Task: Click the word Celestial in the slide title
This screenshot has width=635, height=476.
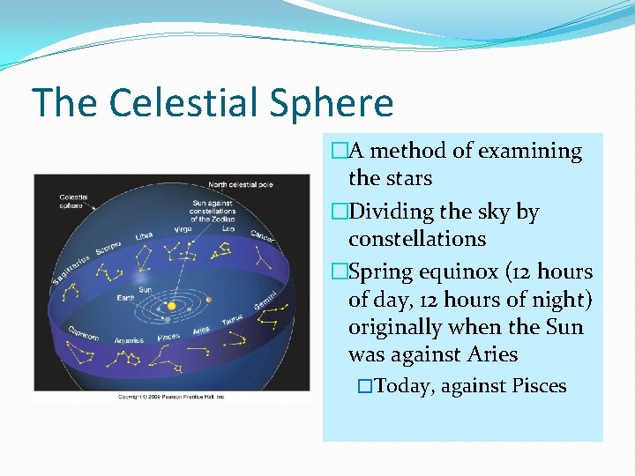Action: (x=181, y=103)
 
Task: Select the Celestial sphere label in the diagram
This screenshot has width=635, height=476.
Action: (x=72, y=201)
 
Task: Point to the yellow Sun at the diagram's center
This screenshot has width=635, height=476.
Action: (x=171, y=306)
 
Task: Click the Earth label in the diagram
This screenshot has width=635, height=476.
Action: (x=127, y=298)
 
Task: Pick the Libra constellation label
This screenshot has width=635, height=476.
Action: (x=144, y=236)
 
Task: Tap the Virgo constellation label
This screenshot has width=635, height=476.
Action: (x=183, y=228)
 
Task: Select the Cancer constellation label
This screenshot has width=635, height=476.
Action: (x=262, y=235)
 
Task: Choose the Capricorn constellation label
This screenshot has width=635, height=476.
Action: (x=85, y=334)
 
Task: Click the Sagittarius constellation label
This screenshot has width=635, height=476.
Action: (x=71, y=267)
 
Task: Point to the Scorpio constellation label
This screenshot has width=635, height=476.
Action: (x=108, y=249)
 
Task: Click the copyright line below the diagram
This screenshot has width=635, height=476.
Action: (x=172, y=397)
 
